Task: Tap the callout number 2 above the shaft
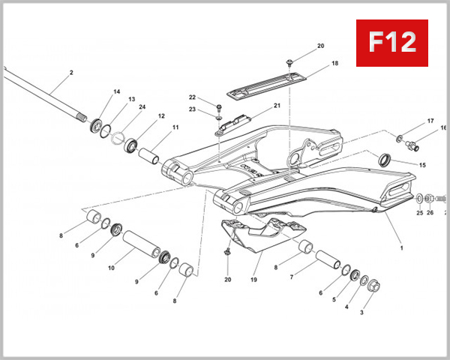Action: pos(70,73)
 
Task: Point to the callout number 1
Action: pos(401,247)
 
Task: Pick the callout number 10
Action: pos(111,268)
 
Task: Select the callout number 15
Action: pos(422,165)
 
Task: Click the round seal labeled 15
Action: pos(384,159)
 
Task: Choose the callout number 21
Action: pos(277,106)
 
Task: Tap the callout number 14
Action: pos(116,92)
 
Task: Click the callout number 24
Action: pos(142,106)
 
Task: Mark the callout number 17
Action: pos(430,121)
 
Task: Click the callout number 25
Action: pos(419,213)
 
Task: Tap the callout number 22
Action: pos(192,98)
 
